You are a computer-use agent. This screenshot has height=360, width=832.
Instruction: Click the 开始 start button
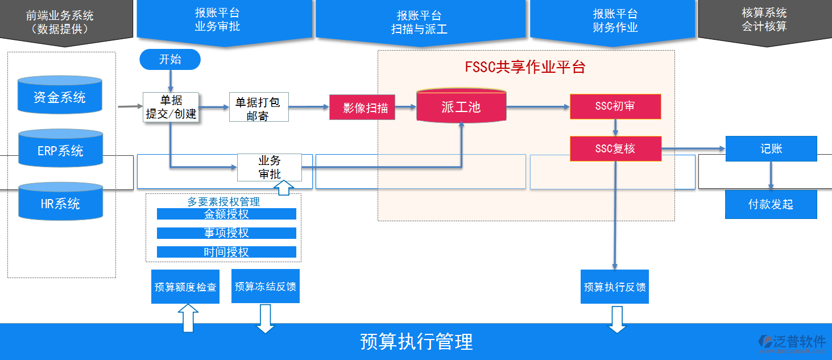170,60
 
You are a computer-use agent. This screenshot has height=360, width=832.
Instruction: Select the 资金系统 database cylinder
60,97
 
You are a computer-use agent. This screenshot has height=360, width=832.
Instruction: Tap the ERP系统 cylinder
60,151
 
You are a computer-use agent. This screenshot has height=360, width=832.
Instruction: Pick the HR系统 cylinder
60,204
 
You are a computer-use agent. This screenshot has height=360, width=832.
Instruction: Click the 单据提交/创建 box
171,107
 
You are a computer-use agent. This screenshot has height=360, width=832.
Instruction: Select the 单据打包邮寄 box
259,107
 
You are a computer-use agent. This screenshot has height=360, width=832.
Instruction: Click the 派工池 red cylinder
461,106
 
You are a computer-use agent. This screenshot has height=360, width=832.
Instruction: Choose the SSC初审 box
615,106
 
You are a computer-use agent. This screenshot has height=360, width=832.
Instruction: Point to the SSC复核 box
615,148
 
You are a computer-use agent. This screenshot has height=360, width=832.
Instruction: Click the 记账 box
771,148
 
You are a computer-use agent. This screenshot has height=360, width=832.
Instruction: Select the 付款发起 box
771,204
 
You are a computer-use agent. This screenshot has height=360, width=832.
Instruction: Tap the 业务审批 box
270,167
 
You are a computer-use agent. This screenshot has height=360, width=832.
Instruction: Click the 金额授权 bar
226,214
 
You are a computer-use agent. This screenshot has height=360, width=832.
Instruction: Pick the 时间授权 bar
226,252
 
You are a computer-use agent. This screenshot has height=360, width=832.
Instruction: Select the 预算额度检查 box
185,287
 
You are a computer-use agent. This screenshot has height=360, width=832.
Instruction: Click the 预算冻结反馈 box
265,286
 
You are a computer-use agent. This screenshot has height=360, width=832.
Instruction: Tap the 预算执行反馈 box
615,287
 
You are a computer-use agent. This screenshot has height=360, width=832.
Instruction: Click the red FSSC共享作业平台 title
525,67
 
